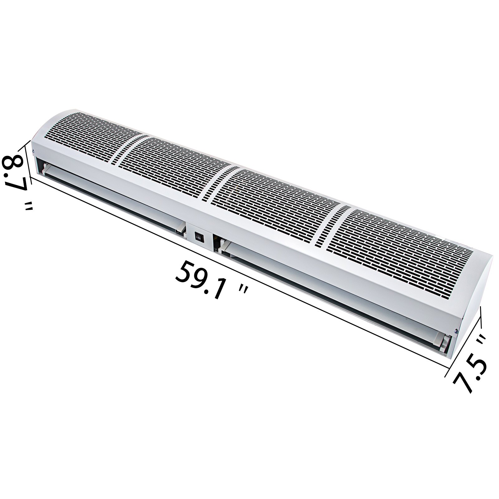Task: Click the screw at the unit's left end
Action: [34, 152]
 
